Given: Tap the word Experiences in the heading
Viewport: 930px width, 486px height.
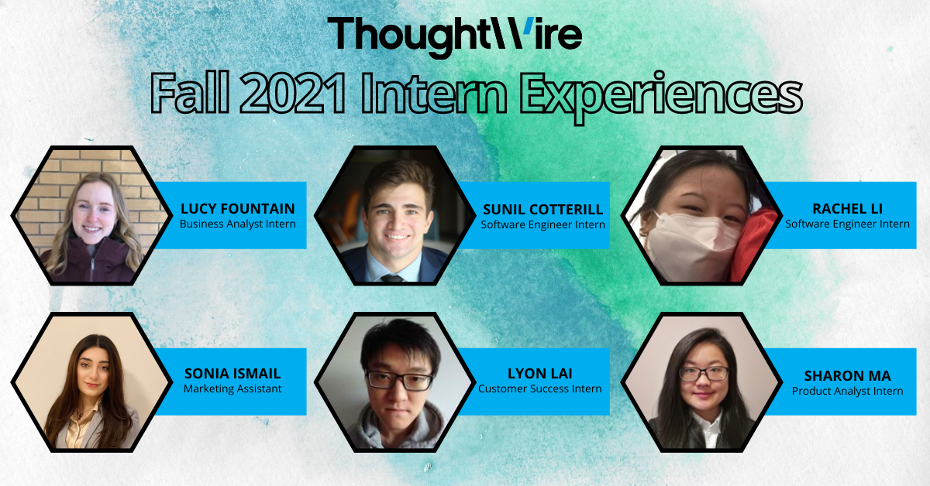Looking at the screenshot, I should pos(658,96).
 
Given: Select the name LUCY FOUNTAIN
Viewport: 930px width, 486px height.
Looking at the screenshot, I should pos(238,209).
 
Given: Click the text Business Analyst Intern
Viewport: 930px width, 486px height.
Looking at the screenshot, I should pos(238,224).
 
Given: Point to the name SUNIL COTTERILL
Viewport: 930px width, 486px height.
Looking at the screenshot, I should pos(542,210).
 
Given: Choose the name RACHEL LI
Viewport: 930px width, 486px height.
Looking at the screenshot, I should pos(847,209).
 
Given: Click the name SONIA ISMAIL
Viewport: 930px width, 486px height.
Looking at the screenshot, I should pos(232,374).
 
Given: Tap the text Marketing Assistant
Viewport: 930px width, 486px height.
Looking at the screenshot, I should pos(232,388).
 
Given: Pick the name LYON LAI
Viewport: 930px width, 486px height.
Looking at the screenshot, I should pos(539,374).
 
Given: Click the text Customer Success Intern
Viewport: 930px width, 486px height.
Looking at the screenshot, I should pos(539,388).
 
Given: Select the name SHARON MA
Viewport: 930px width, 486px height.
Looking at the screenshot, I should pos(847,376).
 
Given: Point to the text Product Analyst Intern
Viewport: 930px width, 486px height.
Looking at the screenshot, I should pos(847,391).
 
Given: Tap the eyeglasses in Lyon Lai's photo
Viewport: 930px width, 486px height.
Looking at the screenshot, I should pos(398,380).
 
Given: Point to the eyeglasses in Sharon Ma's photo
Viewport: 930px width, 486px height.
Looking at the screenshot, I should pos(704,373).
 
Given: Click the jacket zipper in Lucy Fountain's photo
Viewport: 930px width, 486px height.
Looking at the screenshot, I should pos(91,267).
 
